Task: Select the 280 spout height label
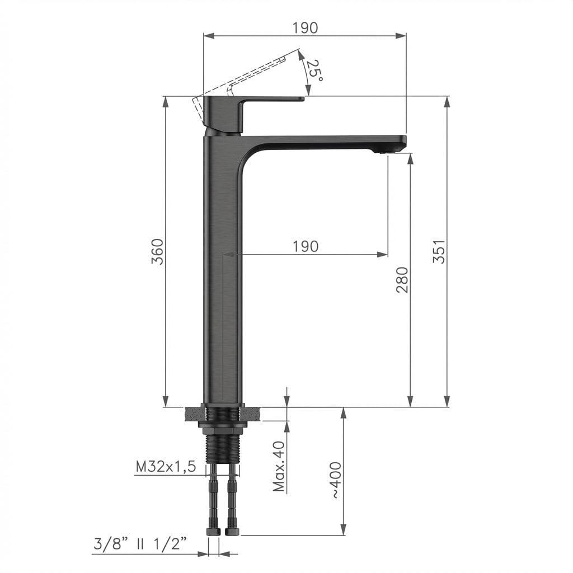pos(402,280)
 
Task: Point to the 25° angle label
pos(314,70)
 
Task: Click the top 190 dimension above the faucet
pos(306,28)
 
